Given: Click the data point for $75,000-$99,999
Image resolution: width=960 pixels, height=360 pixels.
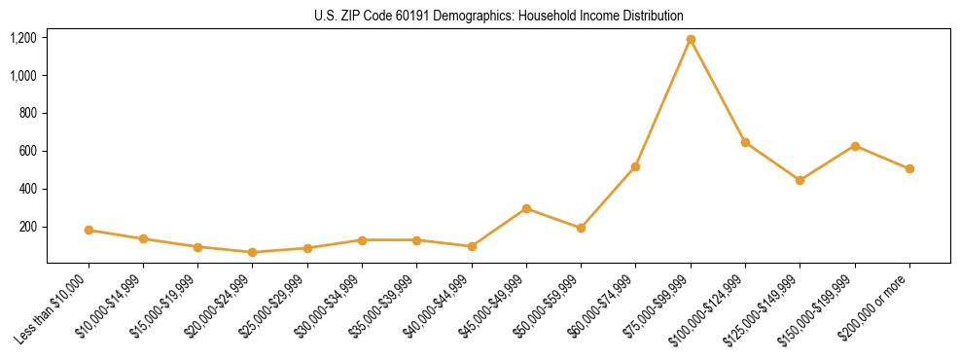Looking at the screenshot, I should tap(691, 40).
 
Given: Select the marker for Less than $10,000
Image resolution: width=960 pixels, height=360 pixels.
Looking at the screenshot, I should tap(89, 231).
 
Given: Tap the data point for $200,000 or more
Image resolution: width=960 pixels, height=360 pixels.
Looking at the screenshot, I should tap(909, 168).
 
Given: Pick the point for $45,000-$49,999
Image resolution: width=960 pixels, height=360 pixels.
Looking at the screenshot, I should tap(526, 208).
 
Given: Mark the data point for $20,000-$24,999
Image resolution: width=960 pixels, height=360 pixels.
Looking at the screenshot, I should tap(253, 252).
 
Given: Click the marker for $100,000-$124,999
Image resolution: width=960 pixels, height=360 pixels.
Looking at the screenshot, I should tap(745, 142).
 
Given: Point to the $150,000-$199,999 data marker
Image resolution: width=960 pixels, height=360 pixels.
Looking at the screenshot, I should tap(855, 146).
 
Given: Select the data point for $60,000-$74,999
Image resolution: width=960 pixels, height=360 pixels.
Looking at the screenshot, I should tap(635, 166).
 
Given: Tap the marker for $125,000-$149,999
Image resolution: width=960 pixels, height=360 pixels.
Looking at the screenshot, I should tap(800, 180).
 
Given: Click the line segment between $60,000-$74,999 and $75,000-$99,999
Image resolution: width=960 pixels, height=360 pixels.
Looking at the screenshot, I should tap(663, 103).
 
